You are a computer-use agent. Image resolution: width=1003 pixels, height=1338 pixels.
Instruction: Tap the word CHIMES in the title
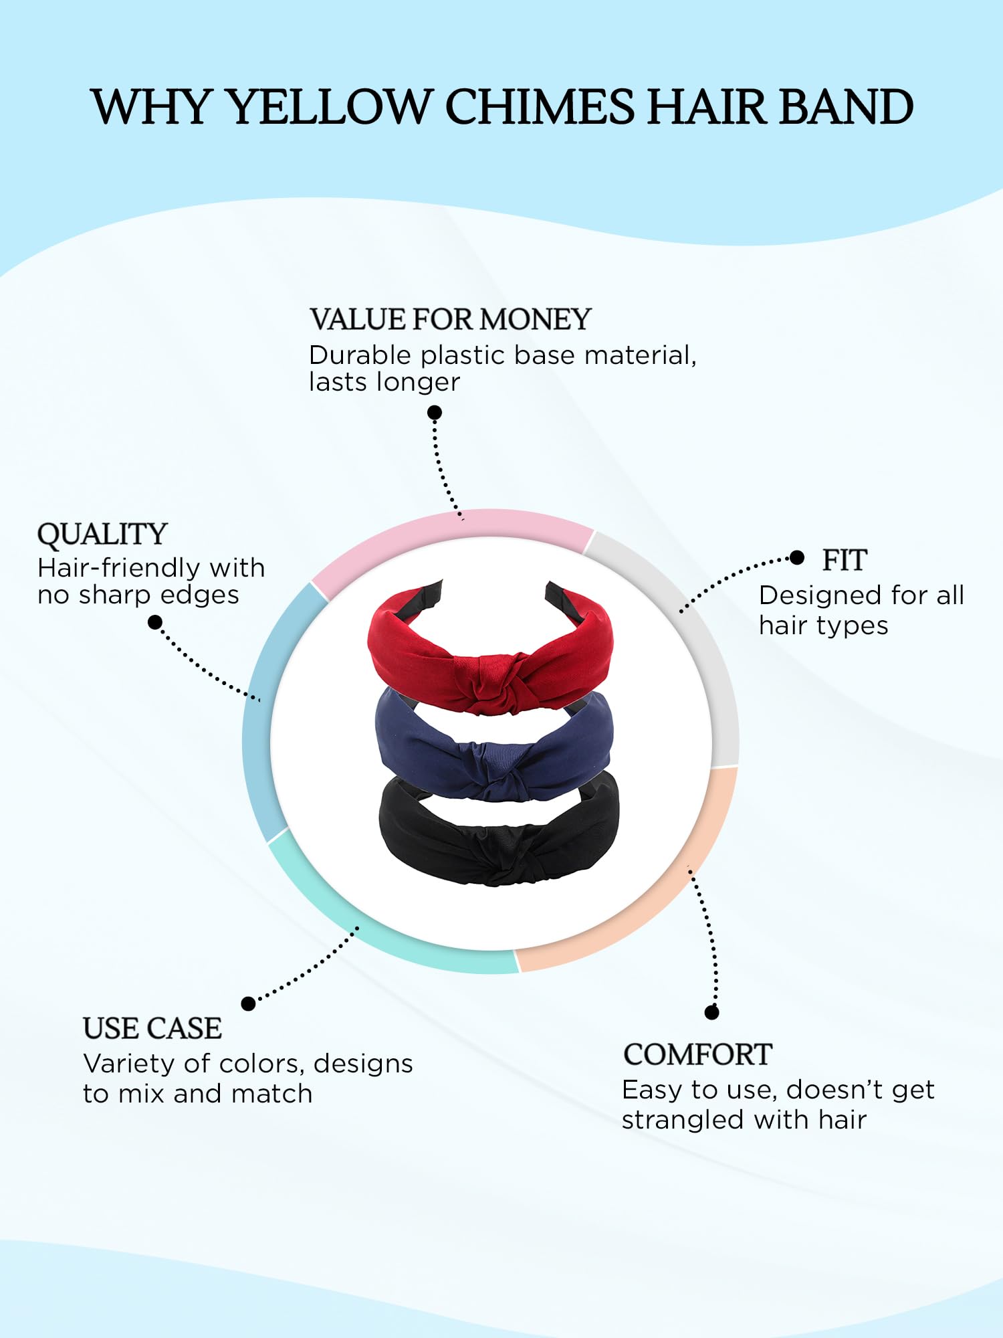tap(539, 107)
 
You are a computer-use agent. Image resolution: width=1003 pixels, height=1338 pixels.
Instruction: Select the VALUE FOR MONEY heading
tap(450, 319)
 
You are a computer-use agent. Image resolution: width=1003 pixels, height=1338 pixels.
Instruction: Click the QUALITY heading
tap(102, 534)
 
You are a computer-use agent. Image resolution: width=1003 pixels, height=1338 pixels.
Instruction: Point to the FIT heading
tap(845, 560)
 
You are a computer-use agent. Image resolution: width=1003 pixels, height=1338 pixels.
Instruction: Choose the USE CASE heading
tap(152, 1028)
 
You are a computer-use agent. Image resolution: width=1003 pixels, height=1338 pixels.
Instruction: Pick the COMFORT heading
tap(697, 1054)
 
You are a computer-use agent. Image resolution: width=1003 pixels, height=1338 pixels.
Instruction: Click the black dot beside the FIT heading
tap(797, 558)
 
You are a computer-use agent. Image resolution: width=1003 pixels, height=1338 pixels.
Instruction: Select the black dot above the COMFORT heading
tap(712, 1013)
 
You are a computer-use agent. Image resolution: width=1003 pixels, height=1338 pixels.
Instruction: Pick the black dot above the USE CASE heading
tap(248, 1004)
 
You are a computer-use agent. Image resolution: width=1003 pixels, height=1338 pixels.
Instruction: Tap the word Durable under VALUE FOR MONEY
tap(359, 355)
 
